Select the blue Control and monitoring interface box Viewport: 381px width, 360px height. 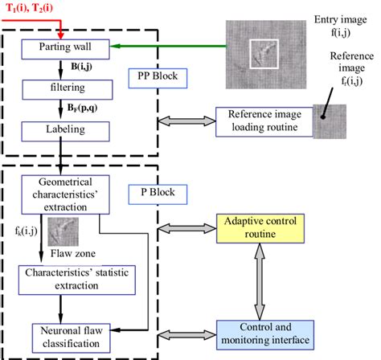point(264,333)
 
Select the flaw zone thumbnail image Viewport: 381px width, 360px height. point(63,233)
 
